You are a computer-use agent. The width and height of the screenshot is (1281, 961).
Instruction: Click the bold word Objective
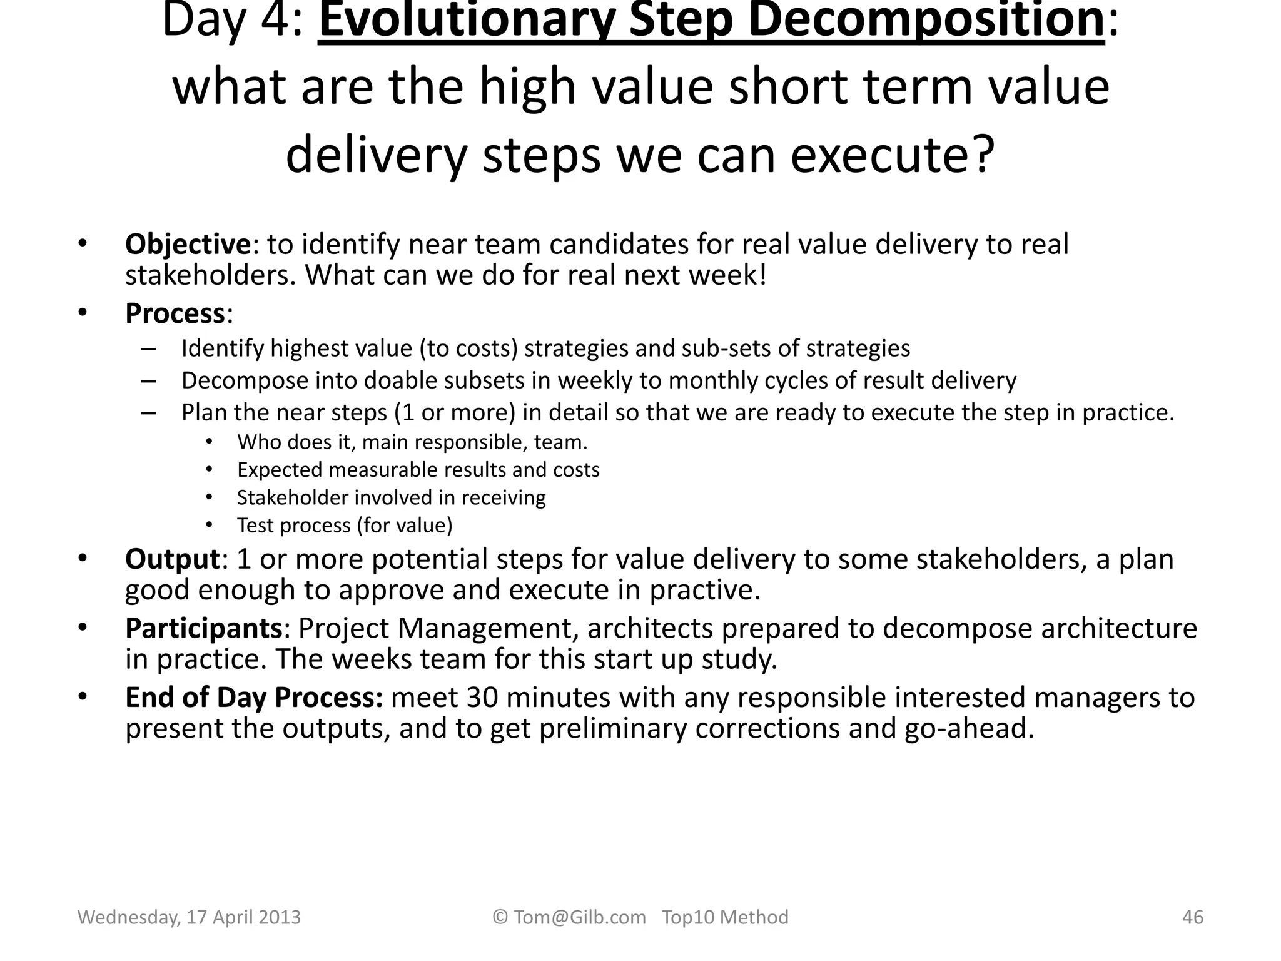(188, 244)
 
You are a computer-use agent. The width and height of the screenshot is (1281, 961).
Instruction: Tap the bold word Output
(172, 559)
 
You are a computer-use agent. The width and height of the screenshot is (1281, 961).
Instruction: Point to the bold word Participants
(203, 628)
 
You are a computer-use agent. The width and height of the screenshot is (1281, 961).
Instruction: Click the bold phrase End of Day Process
(253, 697)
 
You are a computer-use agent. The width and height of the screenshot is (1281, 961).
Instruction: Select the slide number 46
(1192, 917)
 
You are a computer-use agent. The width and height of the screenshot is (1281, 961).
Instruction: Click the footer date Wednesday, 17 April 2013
(189, 917)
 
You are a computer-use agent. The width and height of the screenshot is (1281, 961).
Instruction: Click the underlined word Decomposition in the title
(926, 21)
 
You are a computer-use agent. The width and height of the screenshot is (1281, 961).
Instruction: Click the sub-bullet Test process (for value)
(344, 525)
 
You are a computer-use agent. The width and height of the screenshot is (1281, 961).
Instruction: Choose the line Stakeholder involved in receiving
(391, 497)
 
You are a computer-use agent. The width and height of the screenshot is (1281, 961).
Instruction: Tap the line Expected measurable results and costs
(418, 470)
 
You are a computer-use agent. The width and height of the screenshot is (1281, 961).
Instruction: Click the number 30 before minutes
(482, 697)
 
